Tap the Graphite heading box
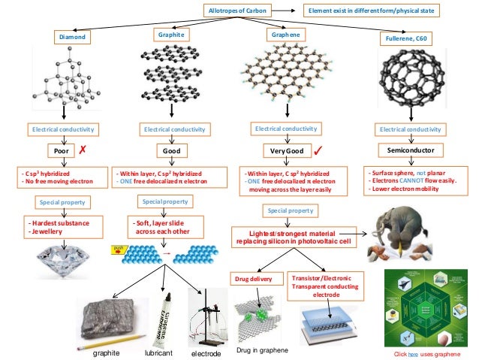click(x=172, y=35)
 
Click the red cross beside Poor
click(x=83, y=150)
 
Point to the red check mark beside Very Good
click(x=318, y=150)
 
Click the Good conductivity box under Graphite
click(x=172, y=150)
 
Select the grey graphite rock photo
click(x=108, y=318)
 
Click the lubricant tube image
click(x=167, y=319)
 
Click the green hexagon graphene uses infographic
click(x=426, y=305)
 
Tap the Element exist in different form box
click(x=369, y=11)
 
